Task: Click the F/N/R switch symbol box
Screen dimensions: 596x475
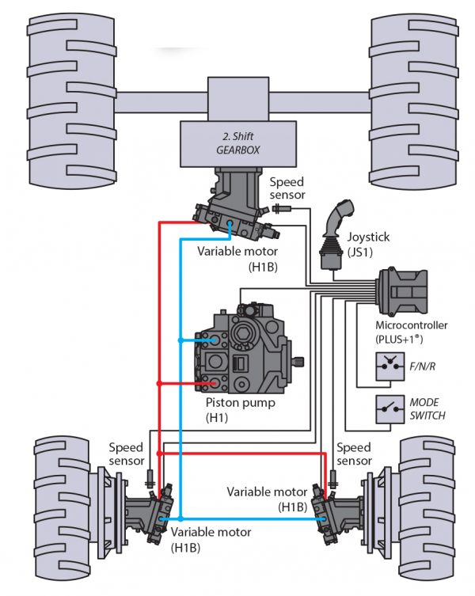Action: [388, 366]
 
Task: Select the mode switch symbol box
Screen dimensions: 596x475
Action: [388, 409]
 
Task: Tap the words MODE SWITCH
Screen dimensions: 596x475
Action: [427, 409]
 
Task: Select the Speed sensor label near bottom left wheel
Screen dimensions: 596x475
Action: [126, 454]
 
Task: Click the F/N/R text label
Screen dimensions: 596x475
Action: [422, 366]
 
